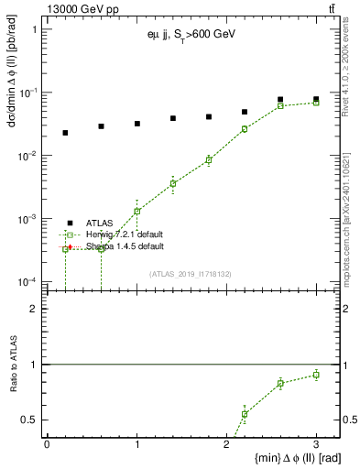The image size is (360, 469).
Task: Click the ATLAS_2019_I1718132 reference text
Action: (x=191, y=272)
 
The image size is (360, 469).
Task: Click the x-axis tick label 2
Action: (x=227, y=443)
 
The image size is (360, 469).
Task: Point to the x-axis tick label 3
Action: (x=316, y=443)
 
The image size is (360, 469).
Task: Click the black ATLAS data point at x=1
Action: (x=136, y=124)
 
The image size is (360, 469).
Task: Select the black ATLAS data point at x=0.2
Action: (x=65, y=133)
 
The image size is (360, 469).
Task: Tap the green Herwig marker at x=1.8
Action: (x=209, y=159)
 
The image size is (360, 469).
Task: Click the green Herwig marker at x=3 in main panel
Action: (x=316, y=103)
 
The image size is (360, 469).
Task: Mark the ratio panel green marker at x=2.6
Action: (x=280, y=383)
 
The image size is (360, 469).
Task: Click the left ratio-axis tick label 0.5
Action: (x=30, y=420)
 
